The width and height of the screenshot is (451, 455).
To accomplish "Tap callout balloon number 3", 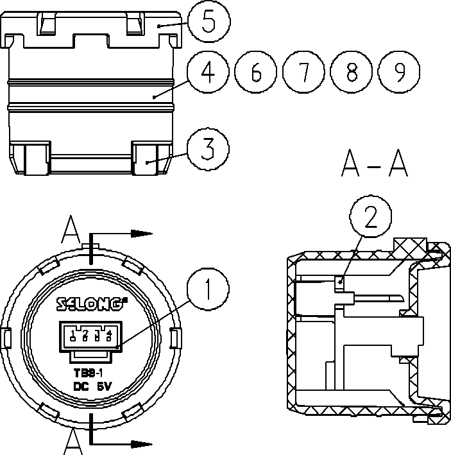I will point(207,149).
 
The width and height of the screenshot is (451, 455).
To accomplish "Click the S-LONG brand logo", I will point(90,304).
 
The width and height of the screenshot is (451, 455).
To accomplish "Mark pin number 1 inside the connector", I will point(74,332).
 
